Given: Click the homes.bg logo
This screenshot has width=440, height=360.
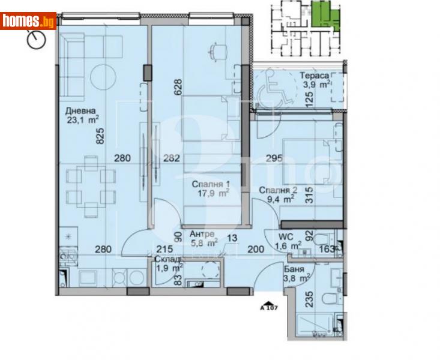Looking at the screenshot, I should [29, 21].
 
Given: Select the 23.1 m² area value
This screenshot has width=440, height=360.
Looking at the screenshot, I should [83, 119].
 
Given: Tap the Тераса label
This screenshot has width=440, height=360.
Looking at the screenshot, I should [315, 76].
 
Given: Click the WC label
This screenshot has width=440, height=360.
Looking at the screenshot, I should [286, 236].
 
